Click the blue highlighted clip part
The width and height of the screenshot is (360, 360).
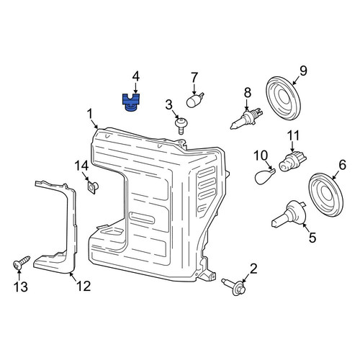tap(131, 103)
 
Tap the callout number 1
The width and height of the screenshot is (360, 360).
tap(90, 114)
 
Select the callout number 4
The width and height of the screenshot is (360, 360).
tap(136, 77)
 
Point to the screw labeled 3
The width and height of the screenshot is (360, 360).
tap(181, 126)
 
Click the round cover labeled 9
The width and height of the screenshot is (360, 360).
tap(284, 99)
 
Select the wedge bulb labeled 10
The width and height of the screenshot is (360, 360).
tap(264, 176)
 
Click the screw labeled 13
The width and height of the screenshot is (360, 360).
tap(21, 262)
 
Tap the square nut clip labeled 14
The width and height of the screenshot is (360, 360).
tap(93, 187)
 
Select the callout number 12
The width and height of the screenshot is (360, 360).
tap(84, 286)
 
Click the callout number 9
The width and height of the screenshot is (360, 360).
tap(303, 71)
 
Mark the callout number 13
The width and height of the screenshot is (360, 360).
tap(21, 287)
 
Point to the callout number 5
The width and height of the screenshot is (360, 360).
tap(312, 238)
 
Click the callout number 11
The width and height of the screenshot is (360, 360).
tap(293, 136)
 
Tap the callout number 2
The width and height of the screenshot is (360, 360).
tap(253, 269)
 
